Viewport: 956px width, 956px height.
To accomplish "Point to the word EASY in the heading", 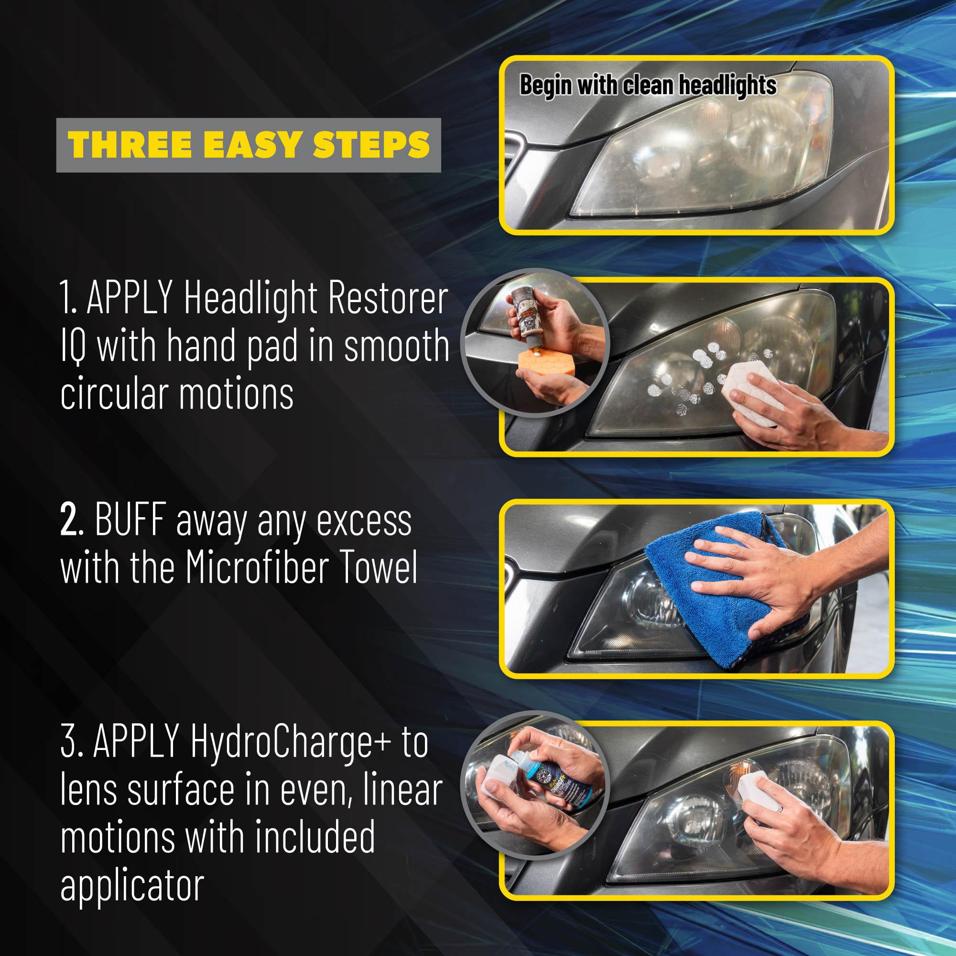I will (250, 145).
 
